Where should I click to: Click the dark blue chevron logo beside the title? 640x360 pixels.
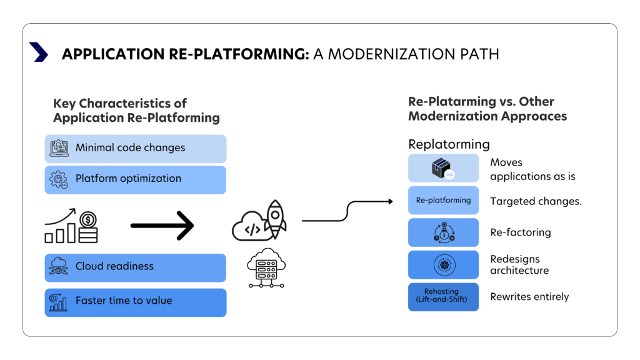pos(39,52)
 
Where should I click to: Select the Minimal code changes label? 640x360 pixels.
pos(130,148)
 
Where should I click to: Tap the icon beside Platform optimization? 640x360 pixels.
pos(59,179)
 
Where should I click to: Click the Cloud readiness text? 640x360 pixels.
pos(114,266)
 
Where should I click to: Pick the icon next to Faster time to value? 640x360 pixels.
pos(59,302)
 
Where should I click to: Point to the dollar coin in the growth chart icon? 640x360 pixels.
pos(88,220)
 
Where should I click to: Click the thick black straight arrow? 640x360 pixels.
pos(162,225)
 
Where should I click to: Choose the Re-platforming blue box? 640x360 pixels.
pos(443,201)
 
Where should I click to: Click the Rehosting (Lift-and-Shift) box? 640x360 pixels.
pos(443,296)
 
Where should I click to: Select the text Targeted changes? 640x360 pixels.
pos(536,202)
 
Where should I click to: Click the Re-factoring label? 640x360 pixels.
pos(520,232)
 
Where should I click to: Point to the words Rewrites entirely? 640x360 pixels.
pos(529,297)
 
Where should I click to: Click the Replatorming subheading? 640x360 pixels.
pos(446,144)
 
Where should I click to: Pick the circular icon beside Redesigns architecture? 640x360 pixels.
pos(444,264)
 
